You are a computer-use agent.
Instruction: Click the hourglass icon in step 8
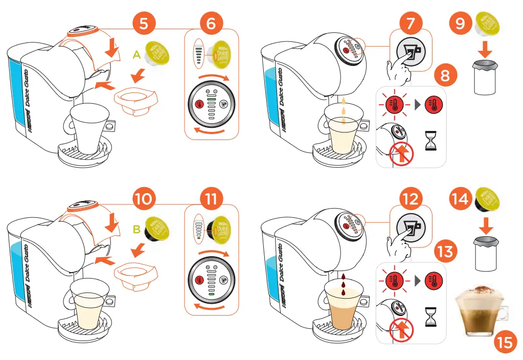[x=431, y=141]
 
